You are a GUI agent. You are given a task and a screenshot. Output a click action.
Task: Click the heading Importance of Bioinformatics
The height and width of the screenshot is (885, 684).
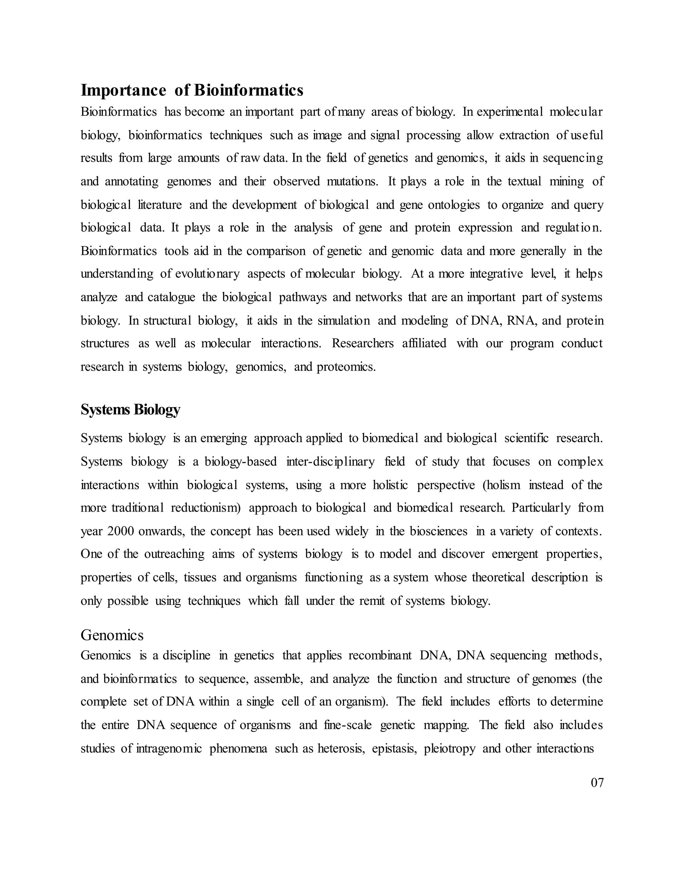pyautogui.click(x=192, y=90)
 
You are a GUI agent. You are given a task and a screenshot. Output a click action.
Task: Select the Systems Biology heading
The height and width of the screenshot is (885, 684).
pyautogui.click(x=130, y=409)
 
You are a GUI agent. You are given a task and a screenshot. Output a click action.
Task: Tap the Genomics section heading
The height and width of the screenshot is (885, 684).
pyautogui.click(x=112, y=635)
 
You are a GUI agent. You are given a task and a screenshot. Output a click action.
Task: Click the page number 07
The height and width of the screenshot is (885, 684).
pyautogui.click(x=597, y=794)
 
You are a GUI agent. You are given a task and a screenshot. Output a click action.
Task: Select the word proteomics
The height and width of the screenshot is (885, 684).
pyautogui.click(x=346, y=367)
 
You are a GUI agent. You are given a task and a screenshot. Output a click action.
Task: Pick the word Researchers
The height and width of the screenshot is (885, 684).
pyautogui.click(x=362, y=343)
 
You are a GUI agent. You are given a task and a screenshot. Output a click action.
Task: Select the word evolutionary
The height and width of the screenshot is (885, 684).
pyautogui.click(x=207, y=274)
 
